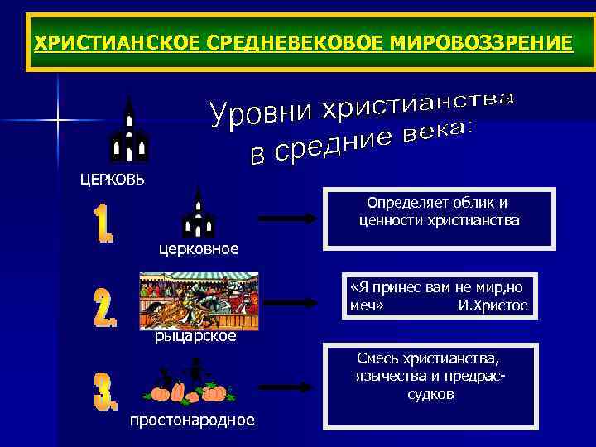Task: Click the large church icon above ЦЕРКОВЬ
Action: click(x=129, y=131)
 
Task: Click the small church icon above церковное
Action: click(x=198, y=214)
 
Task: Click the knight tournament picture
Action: click(x=199, y=301)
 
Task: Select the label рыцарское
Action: click(x=196, y=336)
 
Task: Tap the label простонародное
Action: click(x=192, y=421)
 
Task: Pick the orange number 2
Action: click(x=104, y=308)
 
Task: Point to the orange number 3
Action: click(x=105, y=392)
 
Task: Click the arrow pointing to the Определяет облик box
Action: click(x=289, y=218)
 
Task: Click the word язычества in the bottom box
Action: click(x=383, y=377)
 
